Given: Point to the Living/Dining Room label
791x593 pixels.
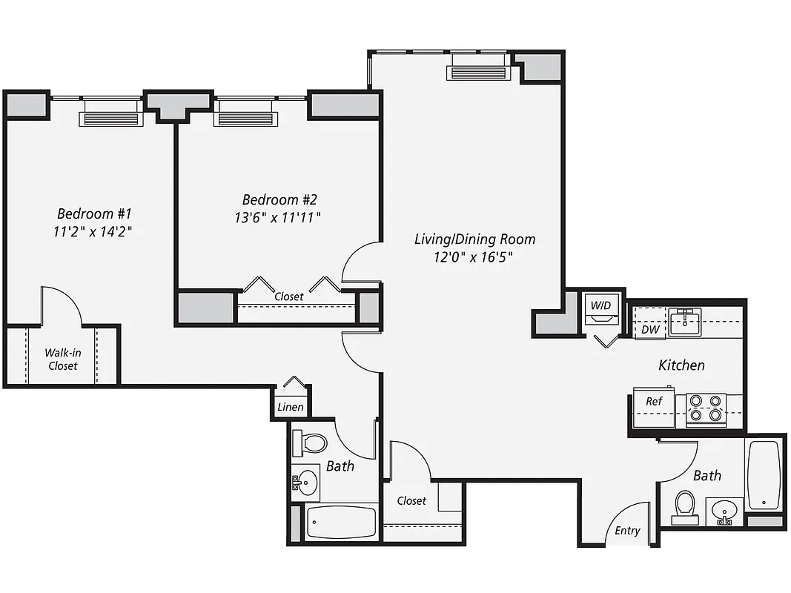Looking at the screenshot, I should [x=474, y=239].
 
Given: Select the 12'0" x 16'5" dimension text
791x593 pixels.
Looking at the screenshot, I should [x=474, y=257].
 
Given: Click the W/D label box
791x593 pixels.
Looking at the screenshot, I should [x=600, y=305].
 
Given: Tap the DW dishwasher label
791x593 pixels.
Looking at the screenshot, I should [x=650, y=329].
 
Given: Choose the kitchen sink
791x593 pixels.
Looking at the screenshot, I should [x=686, y=322].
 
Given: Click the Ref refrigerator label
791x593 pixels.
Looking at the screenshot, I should [x=653, y=401].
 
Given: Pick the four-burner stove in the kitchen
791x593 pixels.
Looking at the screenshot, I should [x=705, y=408].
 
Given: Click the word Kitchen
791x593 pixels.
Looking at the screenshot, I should [x=681, y=365].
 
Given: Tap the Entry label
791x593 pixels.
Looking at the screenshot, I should [x=627, y=530].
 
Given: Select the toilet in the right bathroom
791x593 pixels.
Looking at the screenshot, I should [x=684, y=507].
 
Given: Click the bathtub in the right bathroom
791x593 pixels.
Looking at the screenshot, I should [x=763, y=474].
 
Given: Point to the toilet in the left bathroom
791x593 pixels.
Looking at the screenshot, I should [x=311, y=443].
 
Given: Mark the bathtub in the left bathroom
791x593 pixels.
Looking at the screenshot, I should [x=341, y=522].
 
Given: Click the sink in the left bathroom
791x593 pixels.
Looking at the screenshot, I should [x=305, y=483].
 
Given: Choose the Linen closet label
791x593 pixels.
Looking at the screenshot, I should [x=290, y=407].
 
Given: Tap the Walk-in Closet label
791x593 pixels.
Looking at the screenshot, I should [x=63, y=359].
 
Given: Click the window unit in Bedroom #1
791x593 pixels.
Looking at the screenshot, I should [x=111, y=118].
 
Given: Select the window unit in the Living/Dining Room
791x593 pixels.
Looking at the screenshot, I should [x=478, y=72].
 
